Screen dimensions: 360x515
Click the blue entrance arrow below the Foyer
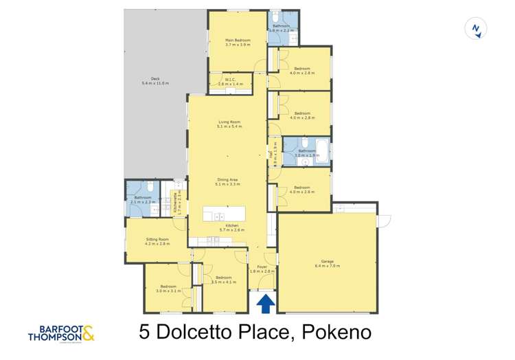click(x=266, y=302)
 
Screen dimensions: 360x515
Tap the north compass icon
click(x=475, y=29)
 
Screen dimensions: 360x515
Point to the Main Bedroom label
click(x=238, y=42)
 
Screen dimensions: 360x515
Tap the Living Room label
click(x=229, y=124)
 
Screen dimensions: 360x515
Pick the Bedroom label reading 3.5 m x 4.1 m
click(x=223, y=279)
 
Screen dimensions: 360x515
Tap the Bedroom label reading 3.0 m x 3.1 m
click(x=168, y=289)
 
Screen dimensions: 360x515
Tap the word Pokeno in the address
click(x=334, y=333)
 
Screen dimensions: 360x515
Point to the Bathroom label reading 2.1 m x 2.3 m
click(x=142, y=200)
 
